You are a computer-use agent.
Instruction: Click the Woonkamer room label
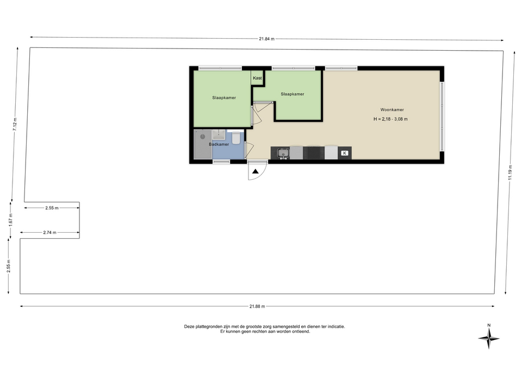(392, 110)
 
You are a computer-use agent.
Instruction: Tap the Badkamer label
(219, 144)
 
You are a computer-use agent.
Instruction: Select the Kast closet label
(257, 78)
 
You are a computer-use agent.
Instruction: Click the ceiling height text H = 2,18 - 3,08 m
(390, 119)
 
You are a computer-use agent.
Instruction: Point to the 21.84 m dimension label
(266, 39)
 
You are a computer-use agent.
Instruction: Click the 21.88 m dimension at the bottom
(257, 307)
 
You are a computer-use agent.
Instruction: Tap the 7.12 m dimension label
(15, 125)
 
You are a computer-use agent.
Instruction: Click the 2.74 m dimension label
(49, 233)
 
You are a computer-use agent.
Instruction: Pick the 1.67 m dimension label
(11, 220)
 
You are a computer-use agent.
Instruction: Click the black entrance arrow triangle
(256, 172)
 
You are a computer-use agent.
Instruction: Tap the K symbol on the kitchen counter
(345, 153)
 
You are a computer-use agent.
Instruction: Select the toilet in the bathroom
(235, 138)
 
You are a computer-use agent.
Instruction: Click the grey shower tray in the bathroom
(203, 144)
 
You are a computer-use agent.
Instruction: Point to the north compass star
(489, 338)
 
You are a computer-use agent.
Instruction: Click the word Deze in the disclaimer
(189, 326)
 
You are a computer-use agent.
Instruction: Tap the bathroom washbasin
(219, 135)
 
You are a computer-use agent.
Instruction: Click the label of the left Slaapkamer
(224, 98)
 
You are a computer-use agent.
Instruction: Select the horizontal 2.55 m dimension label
(52, 208)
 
